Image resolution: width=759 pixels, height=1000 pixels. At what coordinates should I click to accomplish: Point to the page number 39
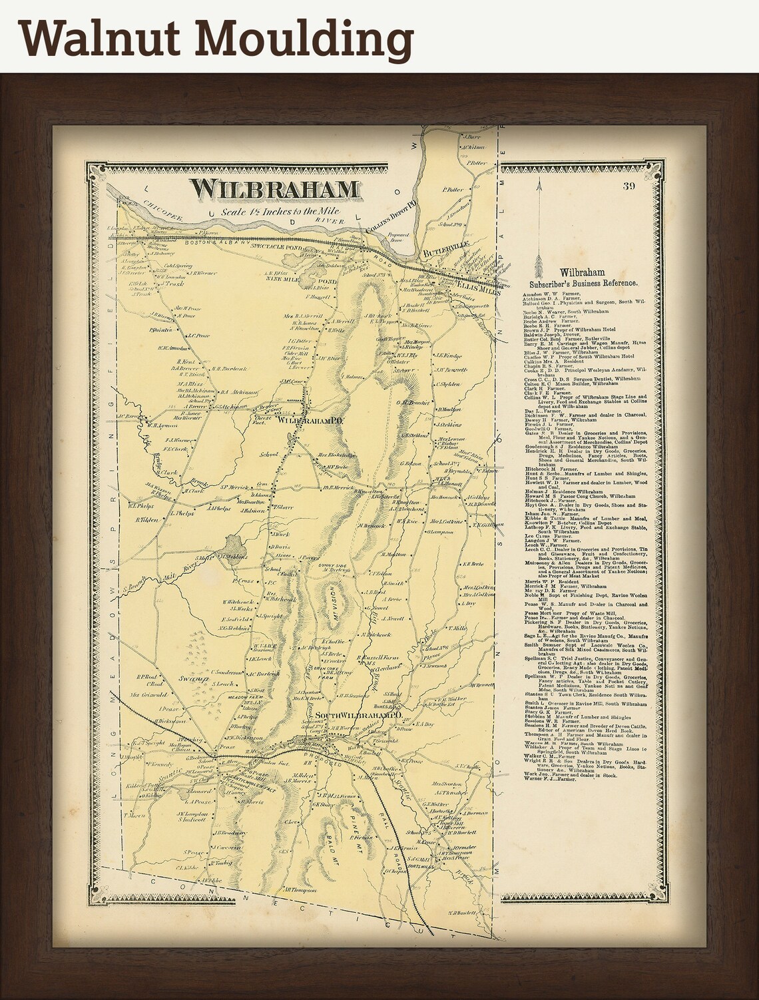coord(629,186)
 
